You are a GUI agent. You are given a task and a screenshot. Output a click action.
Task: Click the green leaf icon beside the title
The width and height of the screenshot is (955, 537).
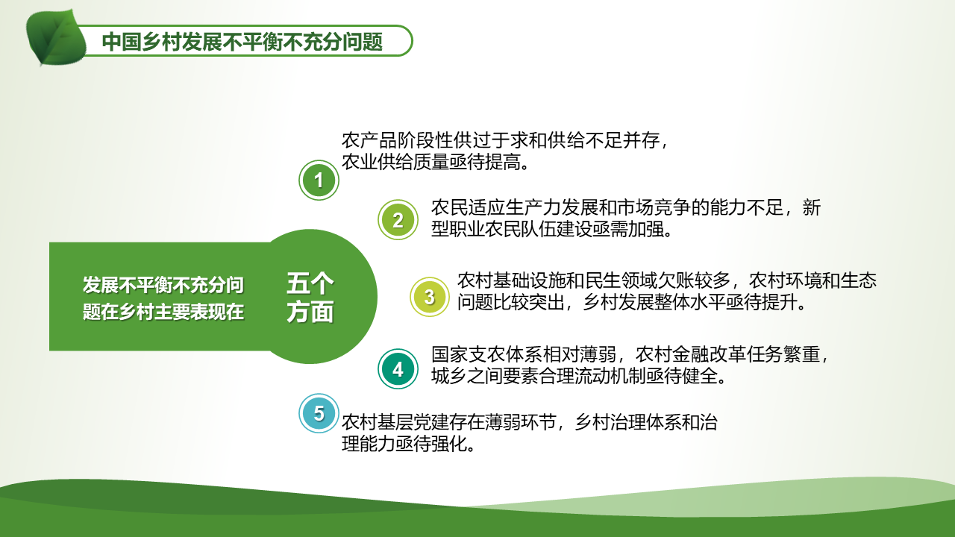[55, 37]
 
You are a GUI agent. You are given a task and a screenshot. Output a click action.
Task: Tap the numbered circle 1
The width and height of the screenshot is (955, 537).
[319, 180]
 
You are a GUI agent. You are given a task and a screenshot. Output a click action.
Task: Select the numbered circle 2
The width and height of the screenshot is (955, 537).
[398, 220]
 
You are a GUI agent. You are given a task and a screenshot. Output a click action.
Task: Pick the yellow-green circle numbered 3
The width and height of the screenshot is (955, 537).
[429, 297]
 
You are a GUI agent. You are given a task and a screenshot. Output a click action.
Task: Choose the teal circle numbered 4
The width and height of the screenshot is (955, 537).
[398, 369]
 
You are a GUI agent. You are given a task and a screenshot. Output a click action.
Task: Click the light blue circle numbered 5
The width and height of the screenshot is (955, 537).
[319, 413]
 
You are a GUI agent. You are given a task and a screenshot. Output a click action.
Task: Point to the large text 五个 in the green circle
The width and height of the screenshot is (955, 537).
[310, 283]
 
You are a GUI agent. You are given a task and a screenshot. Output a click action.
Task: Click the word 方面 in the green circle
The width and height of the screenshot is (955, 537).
[310, 312]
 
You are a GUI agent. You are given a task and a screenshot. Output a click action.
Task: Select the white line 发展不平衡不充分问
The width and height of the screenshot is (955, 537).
[163, 285]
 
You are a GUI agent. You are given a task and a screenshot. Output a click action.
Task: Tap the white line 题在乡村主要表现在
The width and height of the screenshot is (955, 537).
[163, 312]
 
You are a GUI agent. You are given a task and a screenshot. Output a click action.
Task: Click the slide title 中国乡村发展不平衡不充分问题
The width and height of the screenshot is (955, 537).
[242, 42]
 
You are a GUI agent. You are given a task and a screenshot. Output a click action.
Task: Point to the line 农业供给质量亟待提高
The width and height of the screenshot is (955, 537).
[435, 162]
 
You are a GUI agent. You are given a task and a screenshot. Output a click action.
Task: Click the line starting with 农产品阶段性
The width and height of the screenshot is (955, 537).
[505, 140]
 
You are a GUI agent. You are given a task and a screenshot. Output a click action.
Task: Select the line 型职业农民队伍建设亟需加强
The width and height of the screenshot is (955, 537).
[551, 229]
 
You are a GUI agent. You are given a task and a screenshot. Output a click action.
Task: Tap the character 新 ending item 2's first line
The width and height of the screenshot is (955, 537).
[811, 207]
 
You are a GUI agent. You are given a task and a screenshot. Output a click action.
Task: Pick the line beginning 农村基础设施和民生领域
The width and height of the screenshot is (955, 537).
[667, 280]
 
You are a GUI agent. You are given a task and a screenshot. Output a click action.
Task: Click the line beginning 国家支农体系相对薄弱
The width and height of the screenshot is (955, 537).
[630, 354]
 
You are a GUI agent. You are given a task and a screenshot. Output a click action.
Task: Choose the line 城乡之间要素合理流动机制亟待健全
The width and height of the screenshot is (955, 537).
[578, 376]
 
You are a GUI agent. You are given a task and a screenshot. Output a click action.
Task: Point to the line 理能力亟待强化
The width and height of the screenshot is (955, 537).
[408, 444]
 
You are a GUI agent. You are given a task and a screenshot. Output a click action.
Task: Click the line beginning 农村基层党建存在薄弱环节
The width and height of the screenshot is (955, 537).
[530, 422]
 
